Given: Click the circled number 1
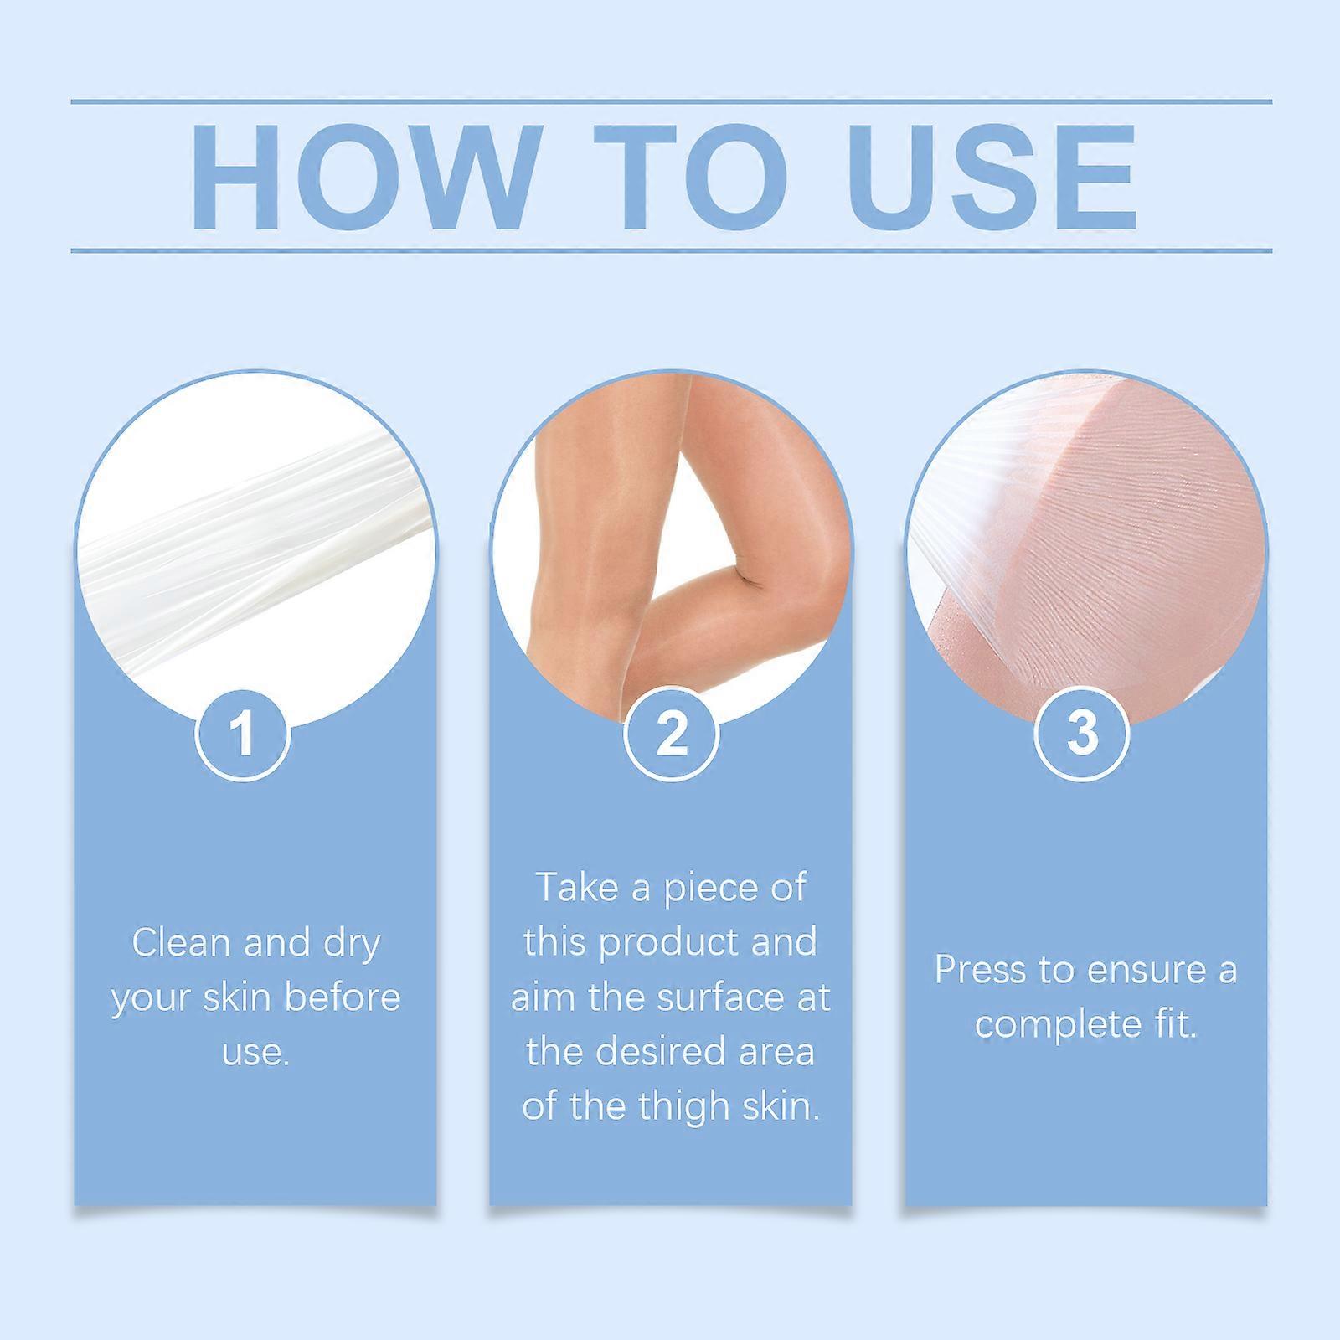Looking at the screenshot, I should click(x=243, y=733).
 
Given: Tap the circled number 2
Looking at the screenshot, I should click(x=671, y=733).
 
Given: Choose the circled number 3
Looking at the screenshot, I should click(x=1082, y=733).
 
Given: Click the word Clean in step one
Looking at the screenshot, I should click(x=181, y=943).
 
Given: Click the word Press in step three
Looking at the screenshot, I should click(x=980, y=971).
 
